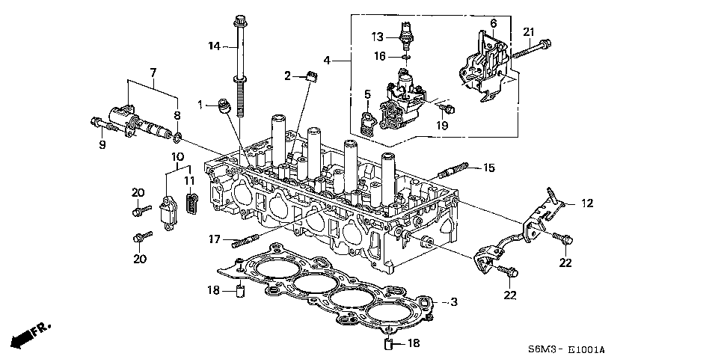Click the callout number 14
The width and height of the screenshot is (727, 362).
click(x=214, y=46)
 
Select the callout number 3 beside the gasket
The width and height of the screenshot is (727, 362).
click(x=453, y=302)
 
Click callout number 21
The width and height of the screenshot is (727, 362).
click(x=529, y=31)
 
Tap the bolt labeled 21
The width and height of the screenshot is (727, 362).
click(x=530, y=49)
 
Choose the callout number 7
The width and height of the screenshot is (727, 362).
click(x=153, y=72)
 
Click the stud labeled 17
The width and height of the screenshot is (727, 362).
click(x=245, y=241)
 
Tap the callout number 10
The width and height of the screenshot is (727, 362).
click(x=177, y=156)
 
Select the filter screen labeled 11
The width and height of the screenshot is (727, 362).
click(x=192, y=203)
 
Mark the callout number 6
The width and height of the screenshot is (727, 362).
click(x=493, y=24)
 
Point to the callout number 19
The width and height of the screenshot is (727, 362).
click(x=442, y=125)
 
